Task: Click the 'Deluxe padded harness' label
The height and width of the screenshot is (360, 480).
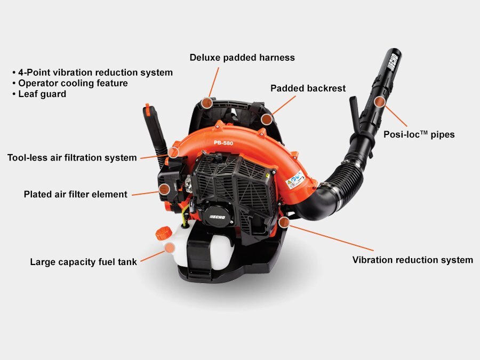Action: (x=242, y=58)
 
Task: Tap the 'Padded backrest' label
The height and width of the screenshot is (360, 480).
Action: (x=308, y=89)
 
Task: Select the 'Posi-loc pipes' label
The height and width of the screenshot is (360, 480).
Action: (x=419, y=134)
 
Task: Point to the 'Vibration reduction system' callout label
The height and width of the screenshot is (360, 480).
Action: (x=413, y=260)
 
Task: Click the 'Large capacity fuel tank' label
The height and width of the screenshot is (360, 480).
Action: (x=83, y=262)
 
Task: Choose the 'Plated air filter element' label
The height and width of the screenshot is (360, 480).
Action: (x=76, y=194)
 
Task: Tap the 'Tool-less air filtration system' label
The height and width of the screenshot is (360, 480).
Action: (x=72, y=158)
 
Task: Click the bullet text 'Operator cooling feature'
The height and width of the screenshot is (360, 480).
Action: (x=73, y=83)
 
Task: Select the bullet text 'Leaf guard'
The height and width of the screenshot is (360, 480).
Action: (x=42, y=94)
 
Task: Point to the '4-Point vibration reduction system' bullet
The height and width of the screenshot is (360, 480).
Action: (x=95, y=73)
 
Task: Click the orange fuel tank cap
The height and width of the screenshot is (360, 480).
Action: (x=164, y=233)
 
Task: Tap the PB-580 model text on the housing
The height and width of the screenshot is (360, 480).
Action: (x=223, y=143)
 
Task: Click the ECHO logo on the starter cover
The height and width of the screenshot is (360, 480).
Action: (x=217, y=217)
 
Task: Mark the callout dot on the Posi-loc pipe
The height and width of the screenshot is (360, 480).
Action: (x=380, y=102)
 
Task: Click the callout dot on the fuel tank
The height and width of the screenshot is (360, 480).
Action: (x=170, y=247)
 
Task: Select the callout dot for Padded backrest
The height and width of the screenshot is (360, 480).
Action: (x=267, y=119)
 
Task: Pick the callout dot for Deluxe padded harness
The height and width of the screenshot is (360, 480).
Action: (x=207, y=103)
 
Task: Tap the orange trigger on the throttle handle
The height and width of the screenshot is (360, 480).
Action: (x=148, y=110)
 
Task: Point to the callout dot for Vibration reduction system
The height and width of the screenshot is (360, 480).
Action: (x=284, y=222)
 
